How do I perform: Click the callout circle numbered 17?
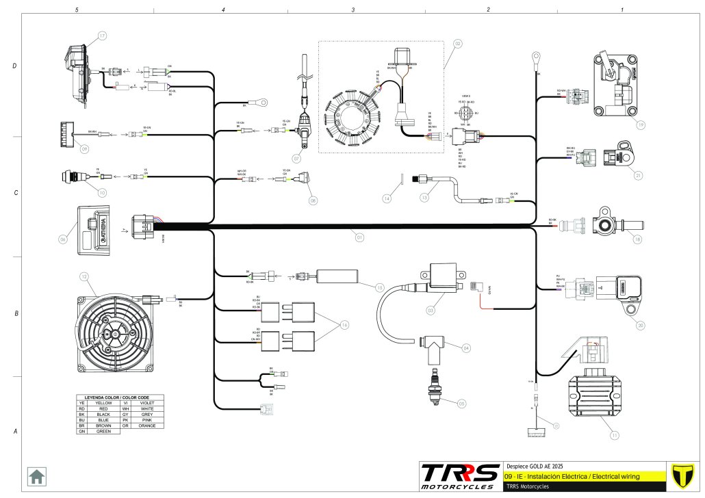(101, 36)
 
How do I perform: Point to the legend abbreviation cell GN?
(81, 432)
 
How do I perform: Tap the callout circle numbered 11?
(614, 435)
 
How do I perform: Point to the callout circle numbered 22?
(457, 43)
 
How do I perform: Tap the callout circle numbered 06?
(63, 239)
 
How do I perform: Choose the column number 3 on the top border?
(353, 10)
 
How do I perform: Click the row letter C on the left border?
(15, 193)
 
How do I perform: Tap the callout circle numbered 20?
(640, 325)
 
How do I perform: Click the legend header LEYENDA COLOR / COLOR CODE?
(120, 397)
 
